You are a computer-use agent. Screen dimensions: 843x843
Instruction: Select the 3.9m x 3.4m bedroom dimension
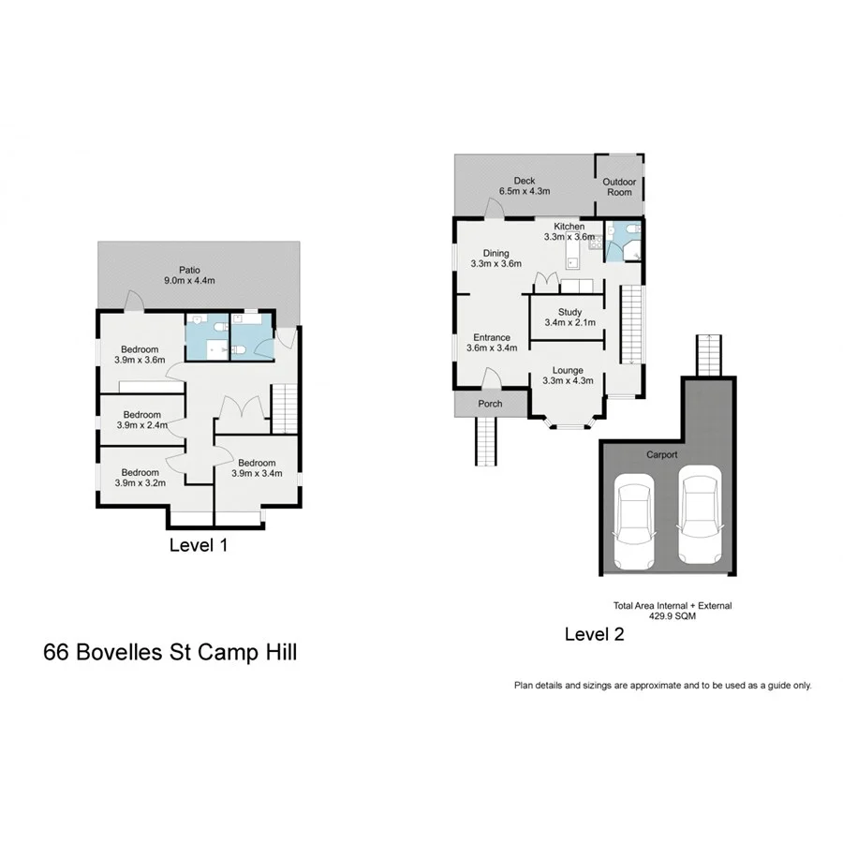coord(256,474)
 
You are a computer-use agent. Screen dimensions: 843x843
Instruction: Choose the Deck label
coord(525,181)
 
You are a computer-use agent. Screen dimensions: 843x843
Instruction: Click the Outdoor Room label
coord(618,186)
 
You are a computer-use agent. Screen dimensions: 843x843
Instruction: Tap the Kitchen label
coord(569,227)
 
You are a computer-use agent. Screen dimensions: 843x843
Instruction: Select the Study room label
coord(569,312)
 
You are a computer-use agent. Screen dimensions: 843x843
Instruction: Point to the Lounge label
coord(569,370)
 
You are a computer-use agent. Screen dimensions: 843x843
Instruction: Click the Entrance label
coord(492,337)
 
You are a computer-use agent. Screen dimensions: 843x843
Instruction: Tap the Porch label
coord(490,404)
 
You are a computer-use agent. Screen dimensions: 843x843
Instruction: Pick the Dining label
coord(496,253)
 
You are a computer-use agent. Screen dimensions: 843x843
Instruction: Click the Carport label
coord(661,454)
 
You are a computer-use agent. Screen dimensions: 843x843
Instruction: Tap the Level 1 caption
coord(198,544)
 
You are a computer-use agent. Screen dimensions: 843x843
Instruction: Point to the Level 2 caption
coord(594,634)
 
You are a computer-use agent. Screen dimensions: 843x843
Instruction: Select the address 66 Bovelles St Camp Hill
coord(170,652)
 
